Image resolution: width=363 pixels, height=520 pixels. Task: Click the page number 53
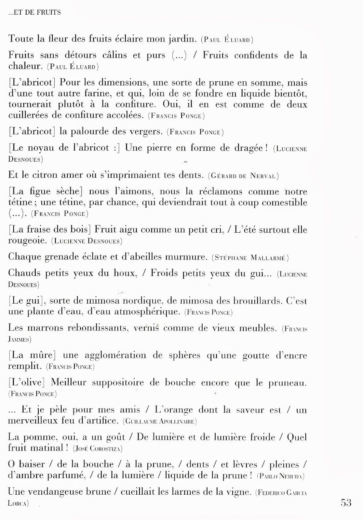(346, 502)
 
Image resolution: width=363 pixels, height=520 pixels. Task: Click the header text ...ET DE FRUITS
(34, 13)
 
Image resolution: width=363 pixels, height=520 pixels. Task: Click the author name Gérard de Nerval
(244, 176)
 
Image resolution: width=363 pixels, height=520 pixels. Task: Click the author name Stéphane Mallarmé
(250, 258)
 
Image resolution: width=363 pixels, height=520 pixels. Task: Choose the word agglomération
(115, 355)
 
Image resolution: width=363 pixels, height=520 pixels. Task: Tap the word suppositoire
(118, 383)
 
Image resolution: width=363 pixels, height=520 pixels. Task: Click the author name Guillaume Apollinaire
(160, 422)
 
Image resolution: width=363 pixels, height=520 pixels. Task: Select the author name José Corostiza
(98, 449)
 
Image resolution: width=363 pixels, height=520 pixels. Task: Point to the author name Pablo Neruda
(281, 476)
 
